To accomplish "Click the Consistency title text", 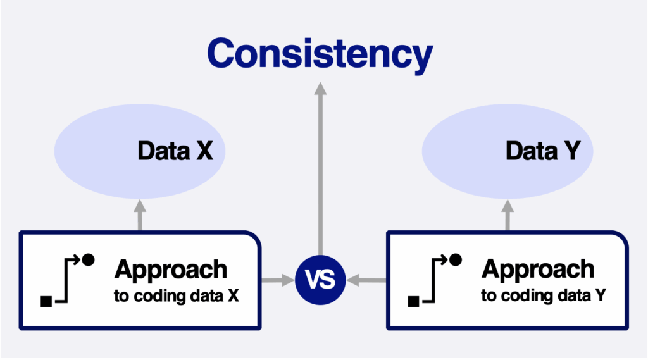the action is pos(320,54).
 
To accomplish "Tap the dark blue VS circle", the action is pos(320,280).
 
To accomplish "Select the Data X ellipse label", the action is pos(175,151).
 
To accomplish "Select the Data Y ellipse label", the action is pos(543,151).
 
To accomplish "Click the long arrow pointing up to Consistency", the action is pos(320,168).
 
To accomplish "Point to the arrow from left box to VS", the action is pos(278,280).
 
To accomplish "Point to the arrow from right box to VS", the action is pos(366,280).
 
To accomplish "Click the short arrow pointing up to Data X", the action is pos(140,215).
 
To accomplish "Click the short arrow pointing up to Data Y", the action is pos(508,215).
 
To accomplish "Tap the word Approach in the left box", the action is pos(171,271).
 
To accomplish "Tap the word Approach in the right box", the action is pos(538,270).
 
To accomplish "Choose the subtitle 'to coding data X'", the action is pos(177,296).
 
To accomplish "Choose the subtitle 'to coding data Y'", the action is pos(544,295).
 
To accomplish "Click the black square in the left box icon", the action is pos(46,302).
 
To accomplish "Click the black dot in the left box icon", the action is pos(88,259).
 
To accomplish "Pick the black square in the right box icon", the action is pos(414,302).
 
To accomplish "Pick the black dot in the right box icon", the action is pos(456,259).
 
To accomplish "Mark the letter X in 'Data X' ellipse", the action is pos(204,151).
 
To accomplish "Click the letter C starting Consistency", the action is pos(222,53).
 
